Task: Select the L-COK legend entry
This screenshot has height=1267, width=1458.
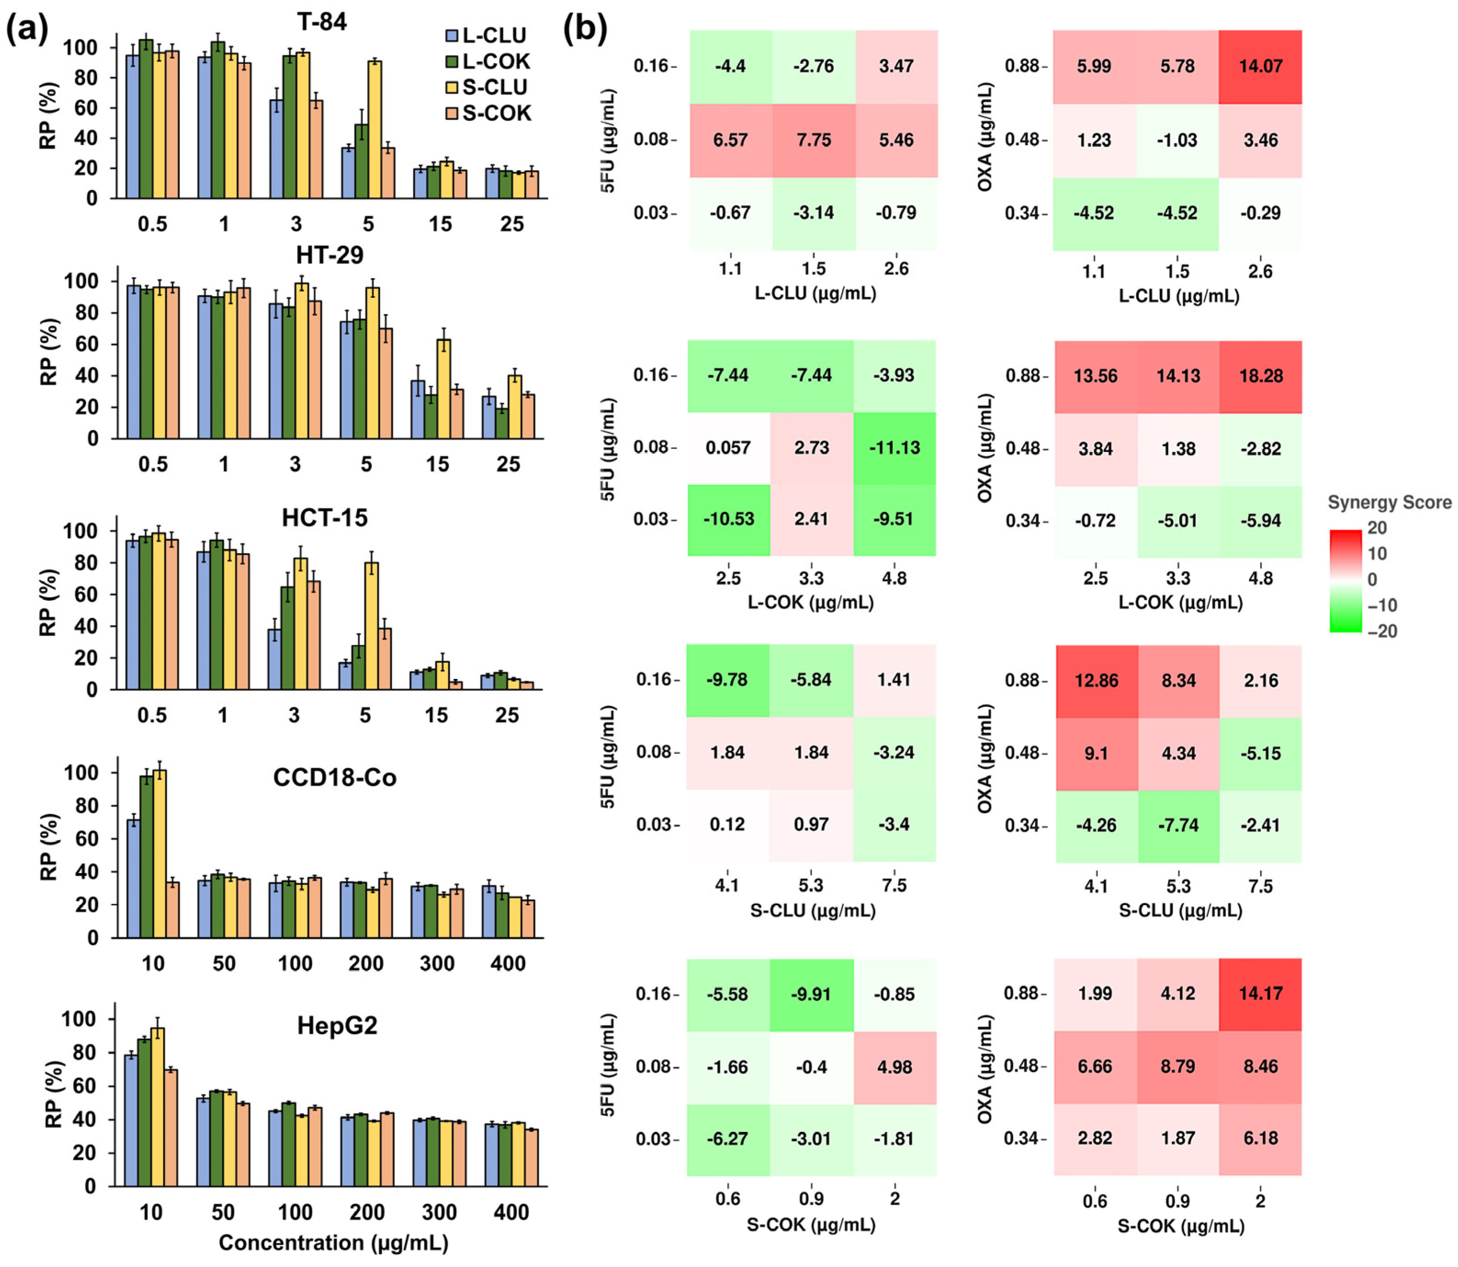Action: coord(488,62)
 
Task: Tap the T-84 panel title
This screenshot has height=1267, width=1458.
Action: coord(322,22)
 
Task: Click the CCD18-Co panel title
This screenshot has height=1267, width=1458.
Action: coord(334,778)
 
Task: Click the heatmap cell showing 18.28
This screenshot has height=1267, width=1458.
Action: coord(1261,376)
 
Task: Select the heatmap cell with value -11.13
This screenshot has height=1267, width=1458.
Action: coord(895,448)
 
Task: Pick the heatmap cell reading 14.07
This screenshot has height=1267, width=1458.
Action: coord(1261,67)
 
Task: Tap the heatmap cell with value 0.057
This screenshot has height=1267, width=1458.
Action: coord(728,448)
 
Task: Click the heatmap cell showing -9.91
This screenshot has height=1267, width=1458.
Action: coord(811,994)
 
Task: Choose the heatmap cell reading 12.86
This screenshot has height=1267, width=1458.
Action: coord(1096,680)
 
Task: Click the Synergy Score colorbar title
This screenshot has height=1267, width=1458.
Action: coord(1389,503)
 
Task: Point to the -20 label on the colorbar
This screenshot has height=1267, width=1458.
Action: coord(1382,631)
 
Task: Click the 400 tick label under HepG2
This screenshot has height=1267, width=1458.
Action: coord(511,1212)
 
